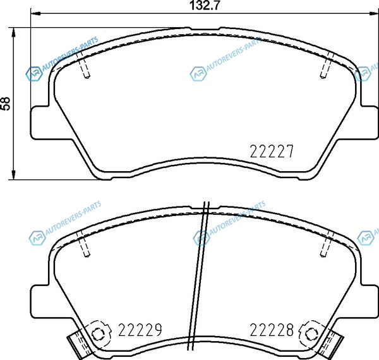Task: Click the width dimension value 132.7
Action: tap(205, 5)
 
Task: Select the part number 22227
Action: tap(271, 151)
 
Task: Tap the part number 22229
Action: tap(140, 330)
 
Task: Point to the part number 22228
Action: tap(272, 330)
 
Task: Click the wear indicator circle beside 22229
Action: tap(97, 335)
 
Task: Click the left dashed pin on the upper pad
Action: tap(83, 66)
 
